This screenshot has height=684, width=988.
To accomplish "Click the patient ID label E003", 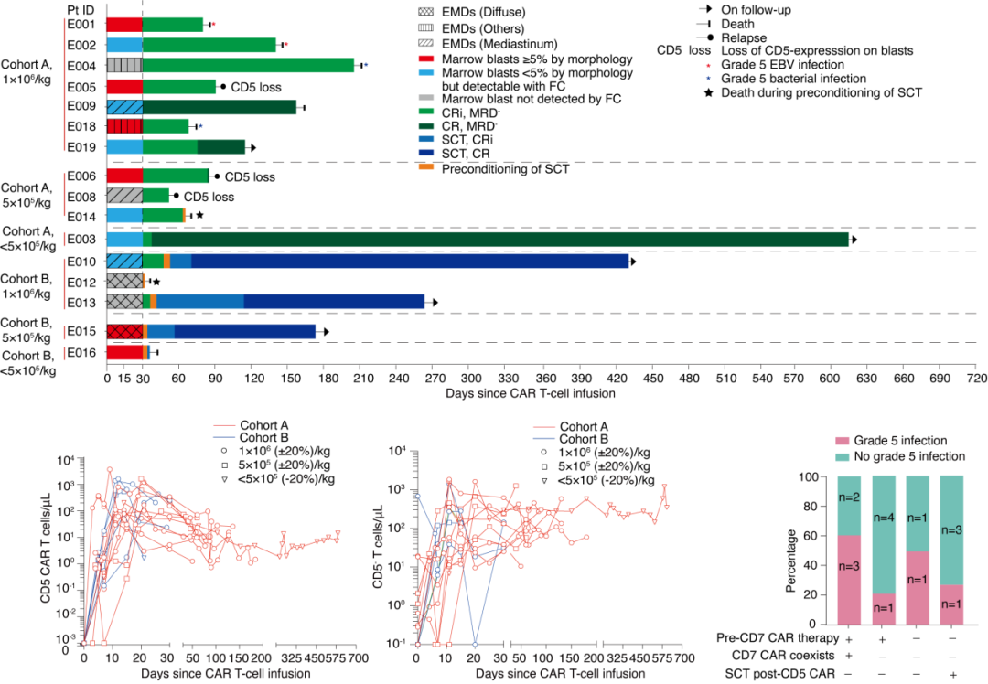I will tap(80, 240).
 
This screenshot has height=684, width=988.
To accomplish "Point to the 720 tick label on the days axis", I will tap(975, 377).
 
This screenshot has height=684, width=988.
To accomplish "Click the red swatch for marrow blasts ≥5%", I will tap(428, 59).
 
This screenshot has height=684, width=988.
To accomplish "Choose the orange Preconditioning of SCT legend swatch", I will tap(428, 168).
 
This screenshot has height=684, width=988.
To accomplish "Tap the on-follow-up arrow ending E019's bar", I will tap(252, 146).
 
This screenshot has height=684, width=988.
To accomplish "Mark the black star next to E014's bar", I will tap(199, 215).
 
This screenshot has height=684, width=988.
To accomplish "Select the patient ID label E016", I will tap(80, 352).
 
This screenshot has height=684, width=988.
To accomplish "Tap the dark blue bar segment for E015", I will tap(245, 331).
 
